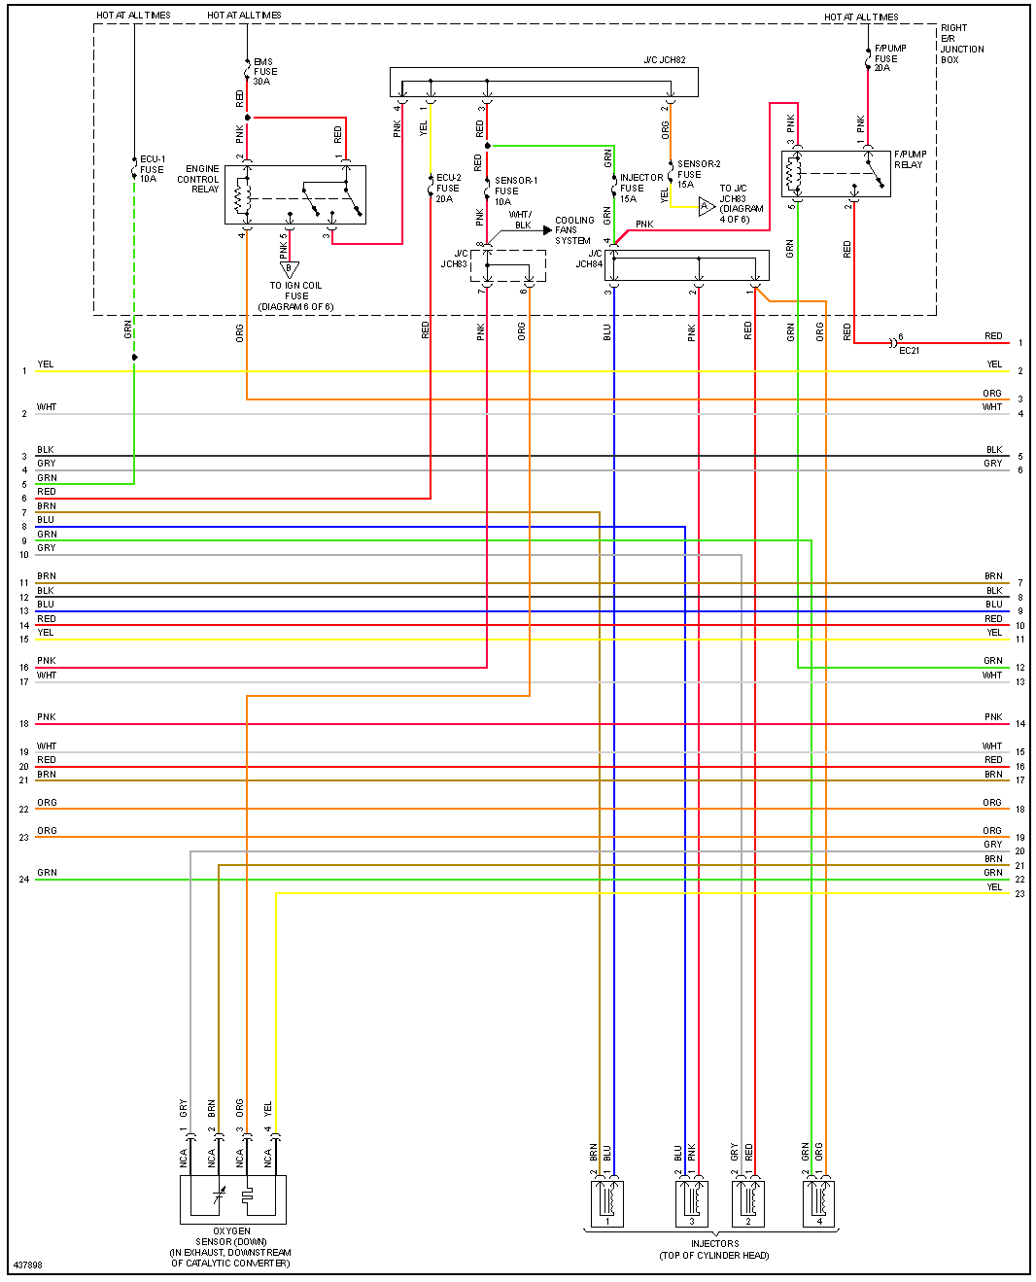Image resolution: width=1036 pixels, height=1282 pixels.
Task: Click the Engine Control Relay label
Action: click(198, 179)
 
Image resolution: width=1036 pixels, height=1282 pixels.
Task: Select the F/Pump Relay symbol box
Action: click(836, 174)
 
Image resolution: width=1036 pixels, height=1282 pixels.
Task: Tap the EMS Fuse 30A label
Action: click(264, 72)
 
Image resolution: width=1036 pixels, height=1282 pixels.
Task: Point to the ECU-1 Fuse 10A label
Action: click(152, 169)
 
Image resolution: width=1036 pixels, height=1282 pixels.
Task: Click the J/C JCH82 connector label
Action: click(664, 60)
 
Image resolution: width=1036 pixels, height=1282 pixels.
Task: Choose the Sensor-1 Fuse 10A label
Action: click(514, 191)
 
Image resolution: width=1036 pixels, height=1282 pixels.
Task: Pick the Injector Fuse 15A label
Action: click(640, 189)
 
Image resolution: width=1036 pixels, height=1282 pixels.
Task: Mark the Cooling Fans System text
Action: click(573, 230)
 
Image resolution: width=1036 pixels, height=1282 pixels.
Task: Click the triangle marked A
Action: click(706, 206)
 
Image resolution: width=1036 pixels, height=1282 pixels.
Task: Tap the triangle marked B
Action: click(289, 268)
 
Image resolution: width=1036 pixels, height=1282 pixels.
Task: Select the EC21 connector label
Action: click(909, 351)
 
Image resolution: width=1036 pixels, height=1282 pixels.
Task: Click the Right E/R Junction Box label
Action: click(961, 44)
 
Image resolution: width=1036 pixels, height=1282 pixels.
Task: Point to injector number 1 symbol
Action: click(607, 1203)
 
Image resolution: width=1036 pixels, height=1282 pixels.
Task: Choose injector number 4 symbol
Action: click(818, 1203)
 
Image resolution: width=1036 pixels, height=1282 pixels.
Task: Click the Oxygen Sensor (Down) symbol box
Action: click(233, 1199)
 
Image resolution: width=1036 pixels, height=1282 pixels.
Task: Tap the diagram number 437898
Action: click(27, 1265)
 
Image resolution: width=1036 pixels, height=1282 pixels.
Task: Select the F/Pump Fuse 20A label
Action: click(889, 58)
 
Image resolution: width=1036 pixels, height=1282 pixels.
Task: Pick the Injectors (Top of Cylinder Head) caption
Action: click(714, 1250)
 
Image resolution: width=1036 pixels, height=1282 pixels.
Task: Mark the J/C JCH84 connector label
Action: click(588, 259)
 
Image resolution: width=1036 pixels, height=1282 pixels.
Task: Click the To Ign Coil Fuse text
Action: click(295, 291)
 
